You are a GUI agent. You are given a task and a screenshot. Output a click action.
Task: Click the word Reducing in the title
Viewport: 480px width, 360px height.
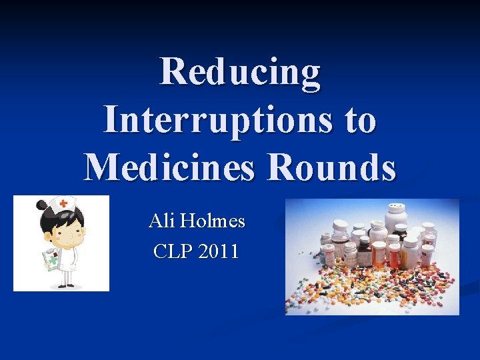240,72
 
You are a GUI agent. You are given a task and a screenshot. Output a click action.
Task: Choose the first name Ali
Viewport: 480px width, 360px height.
161,221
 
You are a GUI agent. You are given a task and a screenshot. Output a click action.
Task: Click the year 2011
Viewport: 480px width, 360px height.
217,251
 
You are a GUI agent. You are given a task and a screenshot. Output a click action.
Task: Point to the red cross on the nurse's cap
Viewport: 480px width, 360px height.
64,203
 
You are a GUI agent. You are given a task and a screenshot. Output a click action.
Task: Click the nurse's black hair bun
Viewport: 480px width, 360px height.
42,205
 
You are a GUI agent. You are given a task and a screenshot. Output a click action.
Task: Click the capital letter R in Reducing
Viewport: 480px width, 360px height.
172,72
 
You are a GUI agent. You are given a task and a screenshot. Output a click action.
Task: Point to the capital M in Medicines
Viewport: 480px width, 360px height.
99,166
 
